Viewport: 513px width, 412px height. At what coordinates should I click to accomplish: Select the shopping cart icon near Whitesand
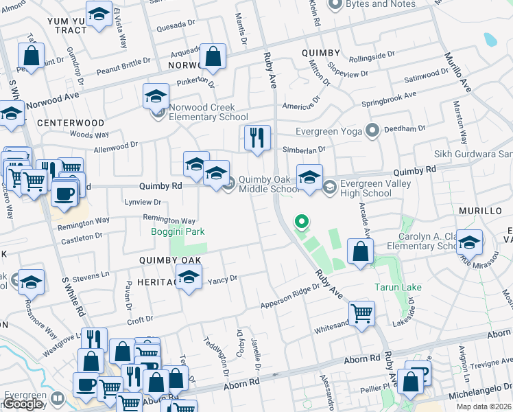point(361,314)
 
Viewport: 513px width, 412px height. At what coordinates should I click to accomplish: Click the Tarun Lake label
point(398,287)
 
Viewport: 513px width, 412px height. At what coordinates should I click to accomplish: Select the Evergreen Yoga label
point(328,130)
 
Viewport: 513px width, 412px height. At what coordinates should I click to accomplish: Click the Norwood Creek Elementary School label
point(203,112)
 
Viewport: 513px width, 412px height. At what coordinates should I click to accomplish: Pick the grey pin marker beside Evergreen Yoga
point(372,130)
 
